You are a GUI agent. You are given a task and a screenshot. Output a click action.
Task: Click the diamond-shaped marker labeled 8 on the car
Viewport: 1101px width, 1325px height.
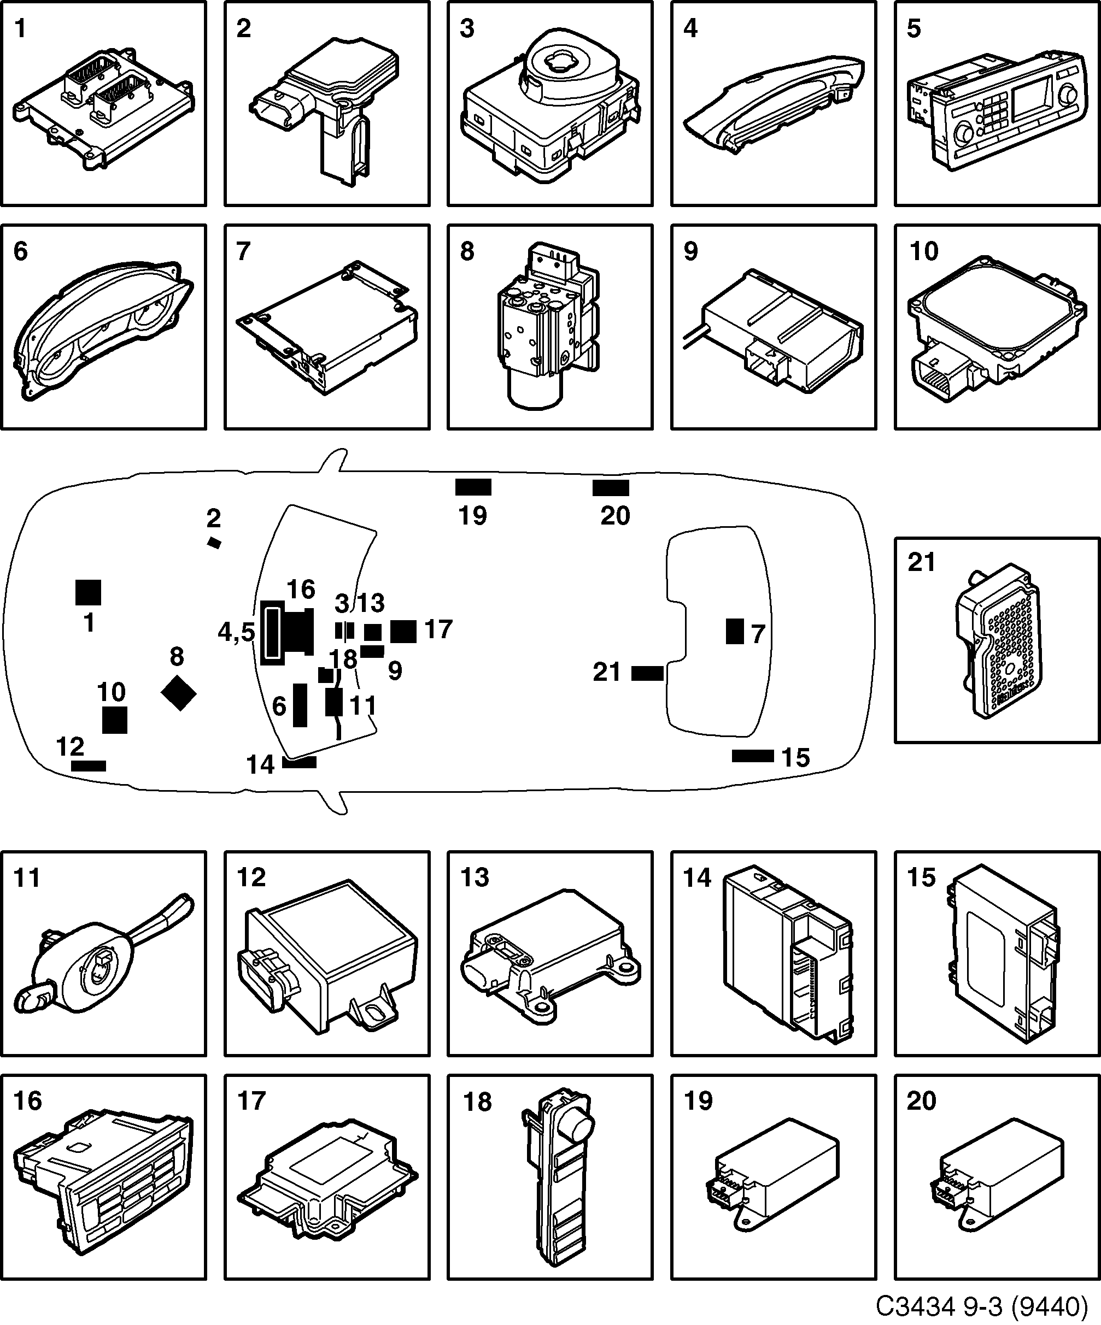tap(179, 693)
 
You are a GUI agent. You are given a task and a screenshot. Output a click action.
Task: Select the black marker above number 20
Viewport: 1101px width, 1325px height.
tap(611, 488)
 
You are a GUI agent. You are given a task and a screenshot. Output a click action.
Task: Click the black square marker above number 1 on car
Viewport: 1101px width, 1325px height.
tap(88, 592)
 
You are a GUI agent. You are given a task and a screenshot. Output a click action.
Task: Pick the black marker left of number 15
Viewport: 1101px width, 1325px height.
tap(753, 756)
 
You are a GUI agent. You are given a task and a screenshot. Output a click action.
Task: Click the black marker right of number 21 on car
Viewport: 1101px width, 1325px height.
tap(647, 673)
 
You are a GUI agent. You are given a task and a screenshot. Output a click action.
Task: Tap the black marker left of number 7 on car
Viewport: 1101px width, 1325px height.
tap(734, 631)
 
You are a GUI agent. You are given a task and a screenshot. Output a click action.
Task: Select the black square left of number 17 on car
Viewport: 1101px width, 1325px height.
tap(403, 631)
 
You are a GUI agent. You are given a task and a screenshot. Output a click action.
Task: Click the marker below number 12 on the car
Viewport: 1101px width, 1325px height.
tap(89, 766)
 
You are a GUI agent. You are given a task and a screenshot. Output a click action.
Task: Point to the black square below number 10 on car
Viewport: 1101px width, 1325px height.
tap(114, 720)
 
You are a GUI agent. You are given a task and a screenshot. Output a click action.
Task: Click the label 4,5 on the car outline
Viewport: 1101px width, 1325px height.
tap(236, 632)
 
